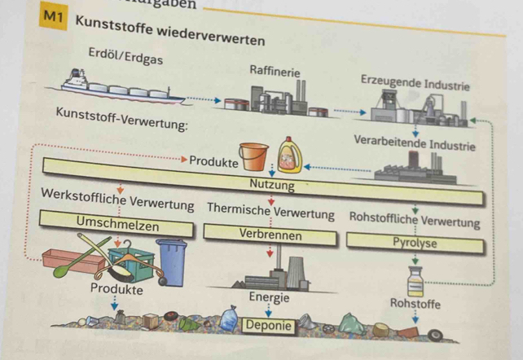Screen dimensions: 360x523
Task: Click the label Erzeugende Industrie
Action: (414, 82)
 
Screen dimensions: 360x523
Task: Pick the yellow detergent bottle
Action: (290, 156)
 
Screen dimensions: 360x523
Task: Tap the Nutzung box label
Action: (272, 185)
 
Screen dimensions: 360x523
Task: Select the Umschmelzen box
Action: (117, 222)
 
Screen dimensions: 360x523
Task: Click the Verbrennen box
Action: (270, 235)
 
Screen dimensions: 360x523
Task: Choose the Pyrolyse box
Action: (415, 243)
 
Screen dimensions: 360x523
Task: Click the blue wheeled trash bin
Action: (172, 259)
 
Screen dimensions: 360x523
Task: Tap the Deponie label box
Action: (268, 325)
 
